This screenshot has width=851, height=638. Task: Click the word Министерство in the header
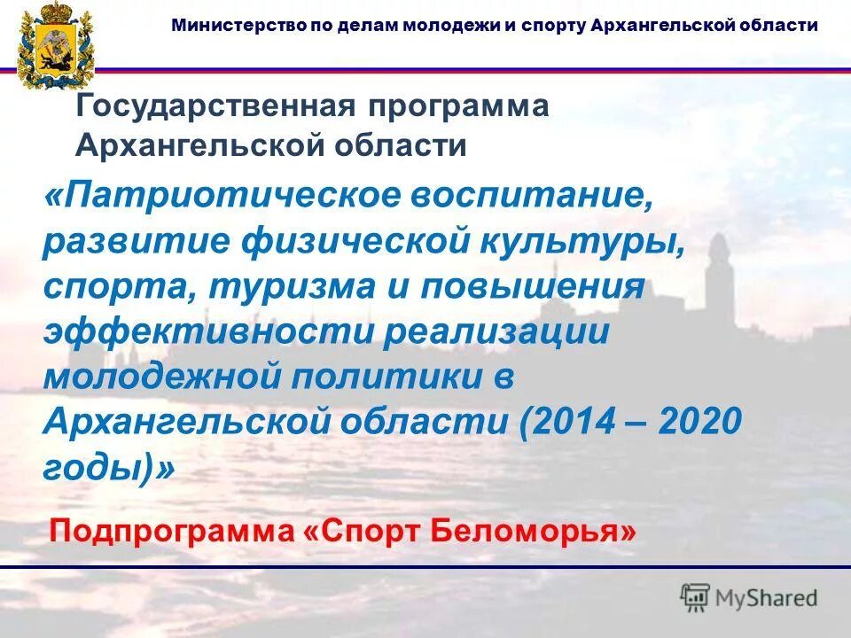(x=228, y=25)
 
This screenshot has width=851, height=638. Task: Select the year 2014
(x=576, y=424)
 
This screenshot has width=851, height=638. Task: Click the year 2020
(x=700, y=424)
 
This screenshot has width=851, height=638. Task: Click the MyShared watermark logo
(x=749, y=597)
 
